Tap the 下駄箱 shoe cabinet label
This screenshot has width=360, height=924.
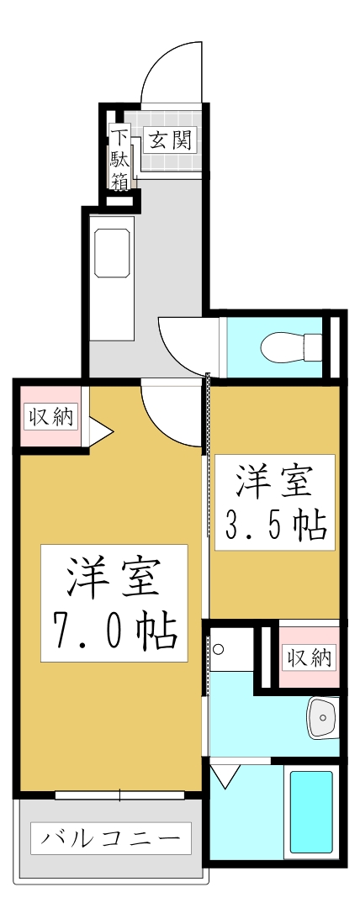point(121,160)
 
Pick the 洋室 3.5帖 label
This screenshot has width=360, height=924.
point(275,503)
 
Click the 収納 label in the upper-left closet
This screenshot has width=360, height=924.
point(51,415)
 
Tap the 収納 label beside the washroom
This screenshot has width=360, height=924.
point(308,657)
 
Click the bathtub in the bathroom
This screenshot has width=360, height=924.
point(311,811)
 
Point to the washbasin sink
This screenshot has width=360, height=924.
point(321,716)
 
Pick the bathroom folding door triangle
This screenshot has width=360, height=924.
point(225,774)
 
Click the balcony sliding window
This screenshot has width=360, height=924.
point(120,795)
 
